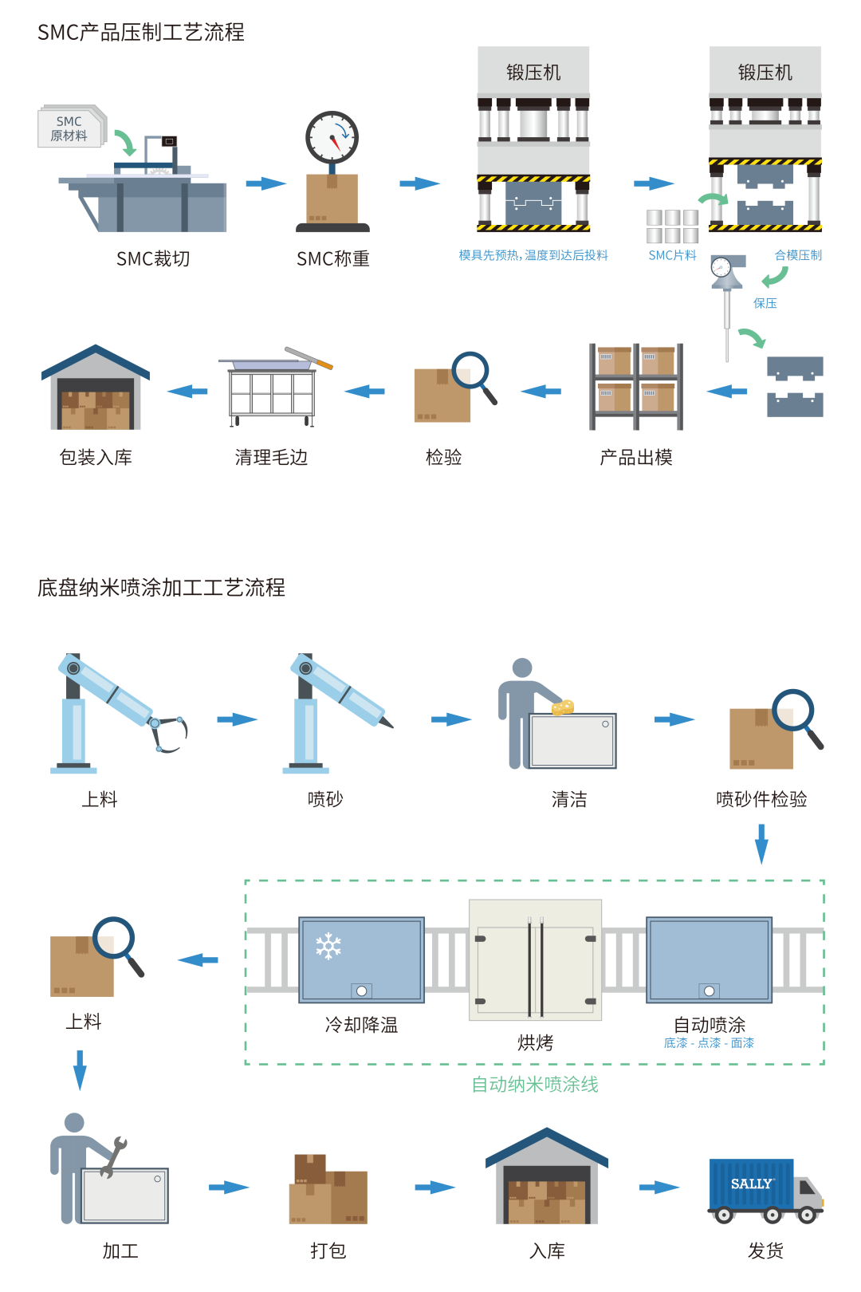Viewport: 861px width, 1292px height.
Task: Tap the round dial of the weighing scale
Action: [332, 137]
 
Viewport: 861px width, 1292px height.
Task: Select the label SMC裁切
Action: [153, 258]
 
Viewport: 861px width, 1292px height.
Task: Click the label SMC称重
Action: [332, 258]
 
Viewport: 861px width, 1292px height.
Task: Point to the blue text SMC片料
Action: [672, 255]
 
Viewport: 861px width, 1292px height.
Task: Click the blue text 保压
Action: [765, 303]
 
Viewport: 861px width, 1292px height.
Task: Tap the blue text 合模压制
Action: [798, 255]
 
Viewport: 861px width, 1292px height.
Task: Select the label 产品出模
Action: [636, 457]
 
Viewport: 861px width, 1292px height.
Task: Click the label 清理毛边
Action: [271, 457]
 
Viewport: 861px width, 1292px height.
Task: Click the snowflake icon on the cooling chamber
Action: [328, 946]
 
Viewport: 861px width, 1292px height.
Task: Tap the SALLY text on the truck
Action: [751, 1184]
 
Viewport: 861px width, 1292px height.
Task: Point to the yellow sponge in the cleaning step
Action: [563, 707]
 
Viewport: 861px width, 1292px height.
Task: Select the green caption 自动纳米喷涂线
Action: [535, 1084]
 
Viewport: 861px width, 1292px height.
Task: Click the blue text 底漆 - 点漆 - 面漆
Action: [709, 1043]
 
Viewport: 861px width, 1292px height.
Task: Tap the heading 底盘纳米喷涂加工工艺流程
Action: [161, 588]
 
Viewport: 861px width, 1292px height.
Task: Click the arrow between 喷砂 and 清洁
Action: [451, 719]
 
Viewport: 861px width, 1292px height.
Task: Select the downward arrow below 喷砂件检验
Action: [761, 844]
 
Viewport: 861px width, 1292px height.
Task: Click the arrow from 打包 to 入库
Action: [435, 1188]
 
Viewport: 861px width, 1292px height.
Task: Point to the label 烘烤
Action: [535, 1042]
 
